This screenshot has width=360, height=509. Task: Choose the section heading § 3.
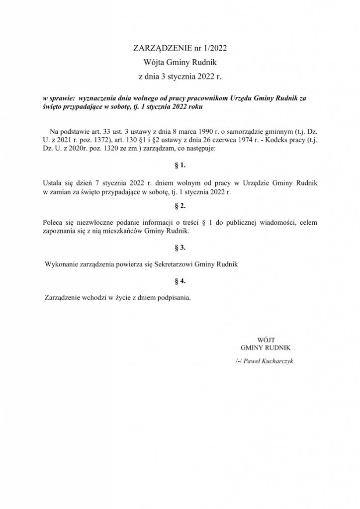coord(180,246)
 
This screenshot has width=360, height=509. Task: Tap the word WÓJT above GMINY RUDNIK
coord(265,339)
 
